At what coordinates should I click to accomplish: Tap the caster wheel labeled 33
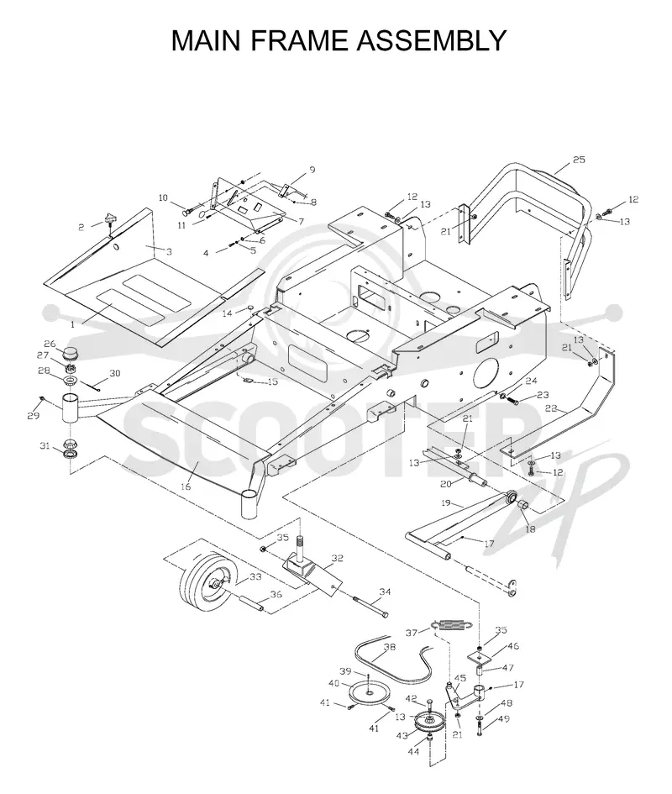[209, 581]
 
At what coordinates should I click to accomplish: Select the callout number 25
[579, 160]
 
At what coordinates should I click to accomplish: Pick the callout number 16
[186, 486]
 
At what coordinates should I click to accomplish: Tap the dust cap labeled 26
[72, 353]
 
